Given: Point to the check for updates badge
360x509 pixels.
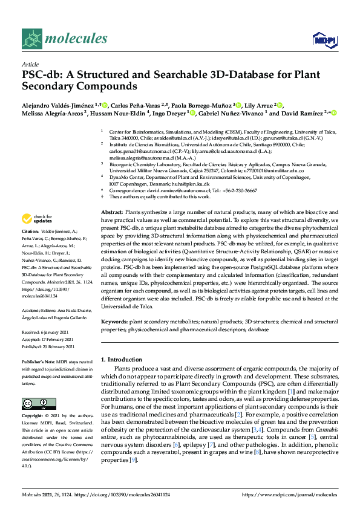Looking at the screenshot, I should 36,219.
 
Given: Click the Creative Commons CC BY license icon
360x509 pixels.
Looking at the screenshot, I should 31,403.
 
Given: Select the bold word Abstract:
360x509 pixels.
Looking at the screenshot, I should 112,214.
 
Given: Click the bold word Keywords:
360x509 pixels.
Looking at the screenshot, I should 114,322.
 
